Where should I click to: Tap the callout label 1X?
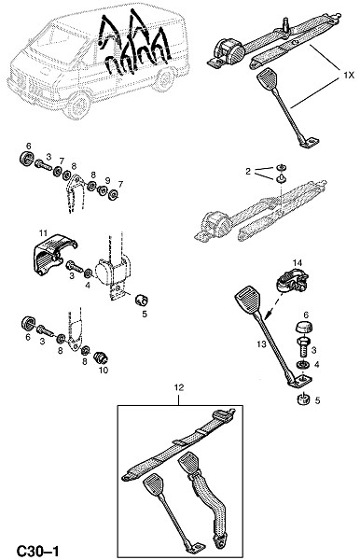pyautogui.click(x=348, y=76)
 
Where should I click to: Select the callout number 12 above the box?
pyautogui.click(x=179, y=387)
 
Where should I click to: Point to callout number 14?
pyautogui.click(x=298, y=263)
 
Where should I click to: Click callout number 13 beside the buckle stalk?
pyautogui.click(x=261, y=343)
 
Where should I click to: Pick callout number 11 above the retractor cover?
pyautogui.click(x=43, y=233)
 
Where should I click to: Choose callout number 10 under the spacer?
pyautogui.click(x=104, y=371)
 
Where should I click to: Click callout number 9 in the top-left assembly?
pyautogui.click(x=107, y=179)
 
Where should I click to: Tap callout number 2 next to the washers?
pyautogui.click(x=248, y=172)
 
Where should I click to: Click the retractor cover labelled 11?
pyautogui.click(x=53, y=256)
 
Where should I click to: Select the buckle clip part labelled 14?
pyautogui.click(x=293, y=281)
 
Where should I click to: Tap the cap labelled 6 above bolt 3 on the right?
pyautogui.click(x=304, y=327)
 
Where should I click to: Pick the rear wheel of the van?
pyautogui.click(x=164, y=80)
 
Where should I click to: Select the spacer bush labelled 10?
pyautogui.click(x=101, y=357)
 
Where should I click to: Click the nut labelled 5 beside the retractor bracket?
pyautogui.click(x=142, y=301)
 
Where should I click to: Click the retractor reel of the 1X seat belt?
pyautogui.click(x=230, y=53)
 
